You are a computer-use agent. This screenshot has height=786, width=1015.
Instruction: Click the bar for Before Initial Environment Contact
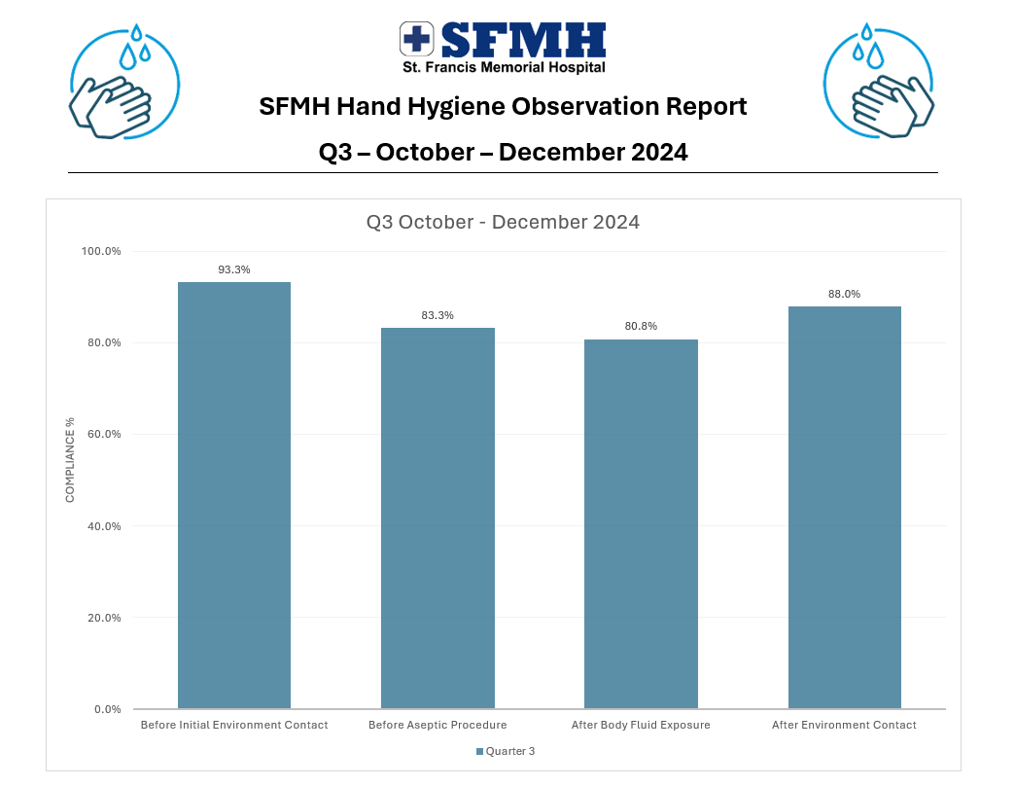point(234,495)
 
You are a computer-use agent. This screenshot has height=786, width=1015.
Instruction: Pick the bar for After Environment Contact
point(844,507)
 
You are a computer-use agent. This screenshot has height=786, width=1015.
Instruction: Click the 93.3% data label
point(234,269)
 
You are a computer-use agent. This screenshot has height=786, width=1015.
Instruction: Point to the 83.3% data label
point(437,315)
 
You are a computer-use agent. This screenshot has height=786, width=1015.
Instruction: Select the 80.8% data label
point(641,326)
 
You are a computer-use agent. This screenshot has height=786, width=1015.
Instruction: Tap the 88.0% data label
point(844,294)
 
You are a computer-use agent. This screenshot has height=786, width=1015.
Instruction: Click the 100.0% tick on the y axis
point(100,251)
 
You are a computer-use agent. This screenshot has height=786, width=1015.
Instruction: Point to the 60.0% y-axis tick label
point(102,434)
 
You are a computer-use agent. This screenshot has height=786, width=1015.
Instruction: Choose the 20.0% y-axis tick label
point(102,618)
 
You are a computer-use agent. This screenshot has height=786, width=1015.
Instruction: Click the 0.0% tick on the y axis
point(105,709)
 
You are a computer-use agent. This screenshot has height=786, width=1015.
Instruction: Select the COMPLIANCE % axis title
point(70,460)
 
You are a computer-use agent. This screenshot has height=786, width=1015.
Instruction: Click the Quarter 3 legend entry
point(506,751)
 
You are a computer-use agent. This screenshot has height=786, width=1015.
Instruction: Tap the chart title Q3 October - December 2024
point(503,222)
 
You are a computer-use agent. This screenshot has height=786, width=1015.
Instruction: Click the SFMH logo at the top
point(503,47)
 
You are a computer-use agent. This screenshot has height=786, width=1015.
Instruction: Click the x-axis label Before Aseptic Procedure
point(437,725)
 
